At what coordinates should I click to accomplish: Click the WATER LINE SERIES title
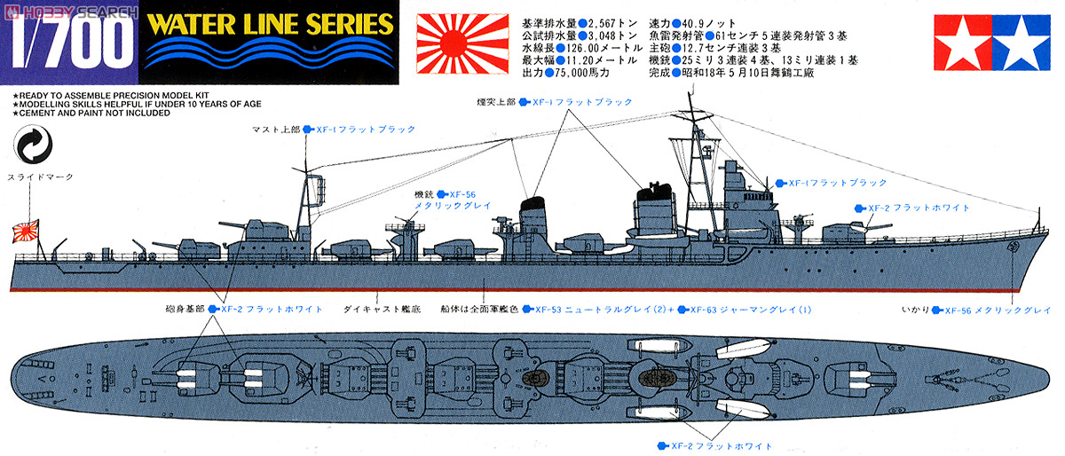click(270, 24)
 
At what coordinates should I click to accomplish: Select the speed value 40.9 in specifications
click(721, 21)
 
